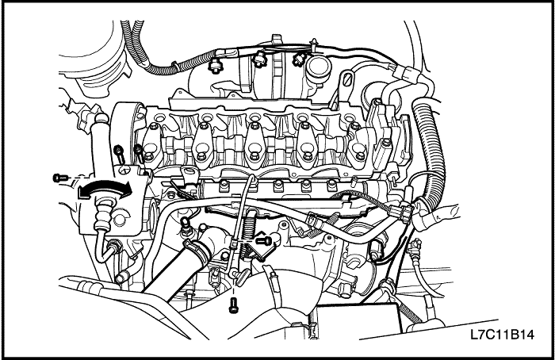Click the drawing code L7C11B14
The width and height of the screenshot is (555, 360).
pos(502,334)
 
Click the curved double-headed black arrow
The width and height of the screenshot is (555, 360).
pos(105,185)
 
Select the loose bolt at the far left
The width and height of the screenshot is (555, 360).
pos(59,178)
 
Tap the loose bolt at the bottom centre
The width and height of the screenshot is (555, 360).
pos(232,305)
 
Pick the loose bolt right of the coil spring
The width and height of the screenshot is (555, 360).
pos(264,241)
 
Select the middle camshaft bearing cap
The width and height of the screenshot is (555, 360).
pos(254,145)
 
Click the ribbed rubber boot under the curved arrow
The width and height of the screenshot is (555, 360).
pos(102,216)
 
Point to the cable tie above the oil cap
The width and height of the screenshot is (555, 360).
pos(313,44)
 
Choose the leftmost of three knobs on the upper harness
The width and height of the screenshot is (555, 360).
pos(214,65)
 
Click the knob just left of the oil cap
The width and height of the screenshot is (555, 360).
pos(298,59)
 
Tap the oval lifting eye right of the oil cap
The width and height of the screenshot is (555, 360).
pos(346,79)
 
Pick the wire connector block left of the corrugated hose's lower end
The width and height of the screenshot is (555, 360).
pos(400,213)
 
